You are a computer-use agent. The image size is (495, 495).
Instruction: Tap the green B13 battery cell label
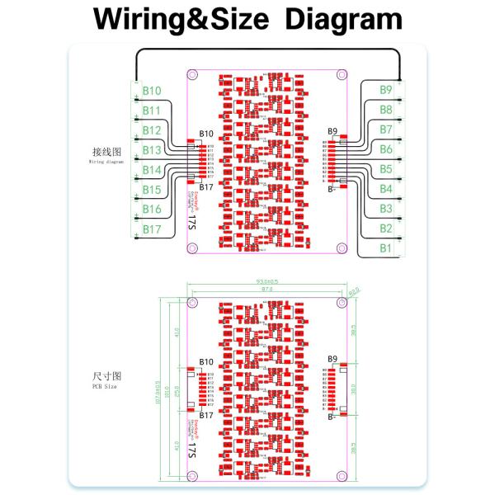tap(151, 150)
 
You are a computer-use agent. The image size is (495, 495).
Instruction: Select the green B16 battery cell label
tap(151, 210)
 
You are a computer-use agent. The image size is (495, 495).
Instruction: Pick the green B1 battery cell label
tap(385, 247)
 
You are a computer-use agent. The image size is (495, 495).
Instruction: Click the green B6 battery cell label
tap(385, 149)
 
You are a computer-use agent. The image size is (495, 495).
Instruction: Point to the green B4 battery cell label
tap(385, 189)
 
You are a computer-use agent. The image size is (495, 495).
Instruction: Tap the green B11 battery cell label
tap(151, 111)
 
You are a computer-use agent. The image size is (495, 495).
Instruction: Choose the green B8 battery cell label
tap(385, 110)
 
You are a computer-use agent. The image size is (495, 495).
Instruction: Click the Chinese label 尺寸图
tap(105, 376)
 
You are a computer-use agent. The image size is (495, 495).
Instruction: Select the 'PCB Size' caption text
tap(105, 386)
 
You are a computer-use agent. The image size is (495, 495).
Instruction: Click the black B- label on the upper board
tap(331, 189)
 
